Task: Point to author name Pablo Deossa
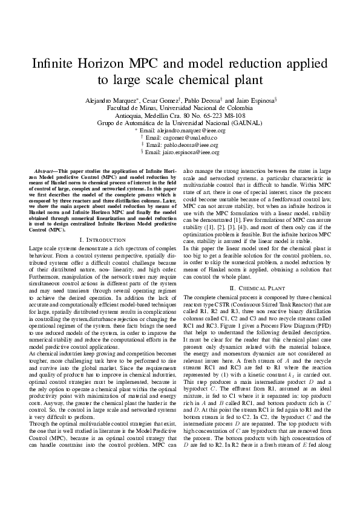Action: (204, 99)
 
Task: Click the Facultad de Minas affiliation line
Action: (180, 107)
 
